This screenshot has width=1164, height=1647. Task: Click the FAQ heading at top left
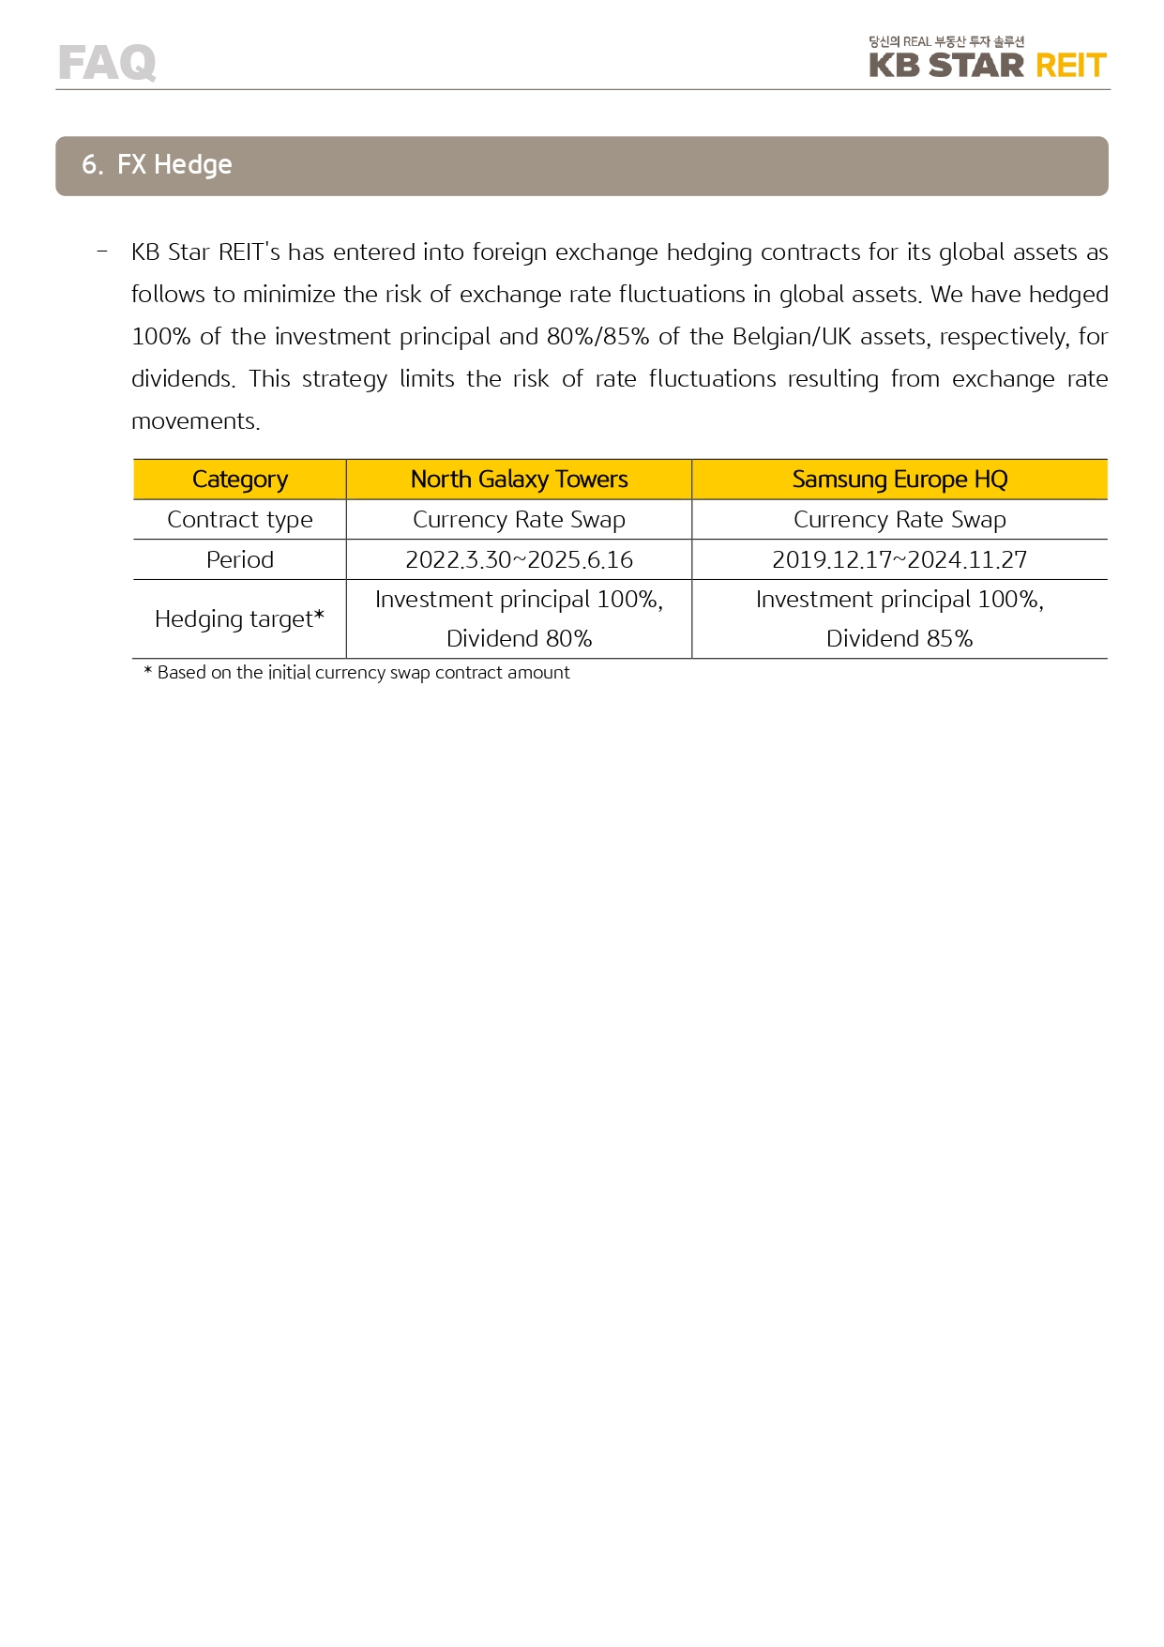pyautogui.click(x=107, y=63)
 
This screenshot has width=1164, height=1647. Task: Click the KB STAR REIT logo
pyautogui.click(x=987, y=66)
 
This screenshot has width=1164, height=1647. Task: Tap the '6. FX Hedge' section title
pyautogui.click(x=157, y=165)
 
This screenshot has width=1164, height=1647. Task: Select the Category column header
pyautogui.click(x=239, y=480)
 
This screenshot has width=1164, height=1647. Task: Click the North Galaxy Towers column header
pyautogui.click(x=519, y=480)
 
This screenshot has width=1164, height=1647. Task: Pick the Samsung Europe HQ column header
pyautogui.click(x=899, y=480)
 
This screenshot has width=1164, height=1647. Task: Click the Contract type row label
pyautogui.click(x=239, y=520)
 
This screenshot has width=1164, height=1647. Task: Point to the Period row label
pyautogui.click(x=239, y=560)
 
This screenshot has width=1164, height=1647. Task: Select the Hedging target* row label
pyautogui.click(x=239, y=619)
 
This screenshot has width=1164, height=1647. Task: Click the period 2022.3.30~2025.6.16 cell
pyautogui.click(x=519, y=560)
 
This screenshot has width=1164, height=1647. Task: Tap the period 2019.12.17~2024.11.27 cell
pyautogui.click(x=899, y=560)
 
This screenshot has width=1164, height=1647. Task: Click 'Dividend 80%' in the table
pyautogui.click(x=519, y=639)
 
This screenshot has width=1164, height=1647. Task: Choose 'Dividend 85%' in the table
pyautogui.click(x=899, y=639)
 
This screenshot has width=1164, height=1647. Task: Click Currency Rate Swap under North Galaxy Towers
pyautogui.click(x=519, y=520)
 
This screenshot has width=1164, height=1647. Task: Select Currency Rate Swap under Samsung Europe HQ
pyautogui.click(x=899, y=520)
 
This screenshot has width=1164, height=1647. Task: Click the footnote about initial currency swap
pyautogui.click(x=356, y=673)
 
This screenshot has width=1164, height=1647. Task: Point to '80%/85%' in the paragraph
pyautogui.click(x=597, y=337)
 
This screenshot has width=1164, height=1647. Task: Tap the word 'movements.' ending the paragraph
pyautogui.click(x=195, y=421)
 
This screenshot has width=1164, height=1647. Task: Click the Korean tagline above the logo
pyautogui.click(x=945, y=41)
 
